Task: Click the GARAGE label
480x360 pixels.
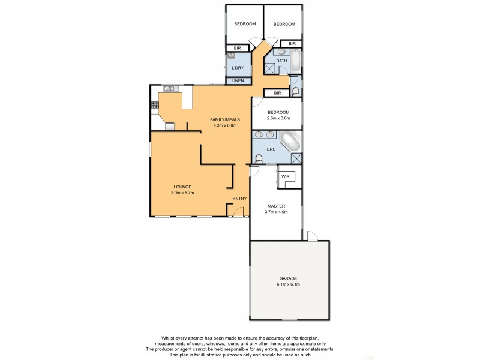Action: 288,278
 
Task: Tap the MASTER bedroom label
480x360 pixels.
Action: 277,206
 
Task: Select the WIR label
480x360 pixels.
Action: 286,176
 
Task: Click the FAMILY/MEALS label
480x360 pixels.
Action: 224,120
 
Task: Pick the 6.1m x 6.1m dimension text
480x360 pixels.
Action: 288,284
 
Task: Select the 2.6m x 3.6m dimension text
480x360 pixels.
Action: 278,118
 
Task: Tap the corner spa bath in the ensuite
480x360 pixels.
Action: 291,142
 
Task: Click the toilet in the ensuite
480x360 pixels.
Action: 259,159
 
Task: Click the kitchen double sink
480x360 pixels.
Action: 169,89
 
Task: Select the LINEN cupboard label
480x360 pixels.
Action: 238,80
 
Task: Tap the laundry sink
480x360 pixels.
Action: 230,56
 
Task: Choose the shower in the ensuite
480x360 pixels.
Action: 295,158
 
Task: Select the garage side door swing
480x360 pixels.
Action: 312,235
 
